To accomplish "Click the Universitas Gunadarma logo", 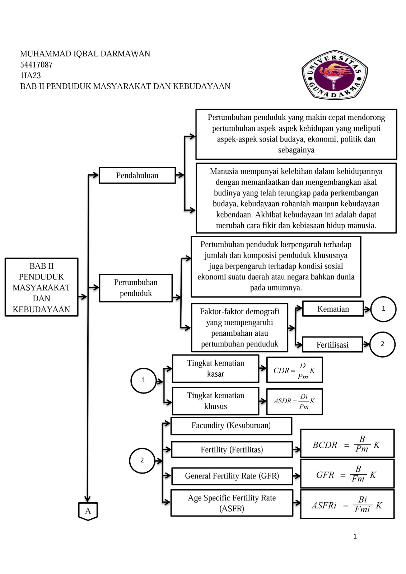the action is [335, 75].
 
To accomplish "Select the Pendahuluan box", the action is [137, 175].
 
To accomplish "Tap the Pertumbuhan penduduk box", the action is [136, 288].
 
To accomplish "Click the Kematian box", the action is [333, 309].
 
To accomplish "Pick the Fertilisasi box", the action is [332, 345].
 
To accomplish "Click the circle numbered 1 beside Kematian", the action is [383, 309].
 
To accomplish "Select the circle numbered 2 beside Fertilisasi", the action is [382, 344].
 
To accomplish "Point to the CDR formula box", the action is [294, 370].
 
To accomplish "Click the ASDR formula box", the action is [294, 401].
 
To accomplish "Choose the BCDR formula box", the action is [347, 443].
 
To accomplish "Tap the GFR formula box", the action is [347, 474].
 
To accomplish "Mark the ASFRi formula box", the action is [347, 504].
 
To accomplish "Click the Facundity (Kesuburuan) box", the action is [231, 426].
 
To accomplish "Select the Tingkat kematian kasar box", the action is [215, 368].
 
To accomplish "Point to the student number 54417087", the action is [36, 65].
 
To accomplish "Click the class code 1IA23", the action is [31, 75].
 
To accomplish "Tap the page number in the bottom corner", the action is [355, 536].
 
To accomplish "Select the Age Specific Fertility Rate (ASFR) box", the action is [232, 503].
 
